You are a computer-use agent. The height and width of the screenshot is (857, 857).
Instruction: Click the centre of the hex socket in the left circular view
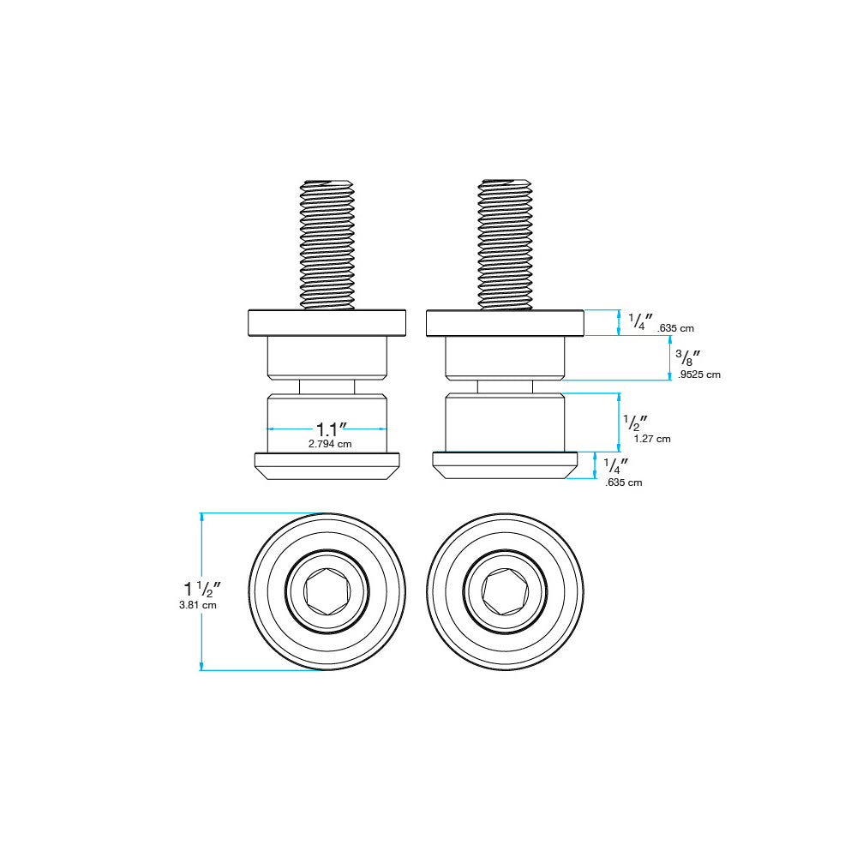(x=327, y=591)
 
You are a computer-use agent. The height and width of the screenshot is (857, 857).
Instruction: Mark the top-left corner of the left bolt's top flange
(x=249, y=310)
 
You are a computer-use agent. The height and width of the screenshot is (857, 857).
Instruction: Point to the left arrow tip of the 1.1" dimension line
(x=267, y=429)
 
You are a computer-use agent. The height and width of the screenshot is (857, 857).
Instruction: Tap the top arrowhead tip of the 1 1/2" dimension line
(x=201, y=513)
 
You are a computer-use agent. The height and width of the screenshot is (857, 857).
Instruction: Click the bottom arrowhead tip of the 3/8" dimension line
(x=670, y=380)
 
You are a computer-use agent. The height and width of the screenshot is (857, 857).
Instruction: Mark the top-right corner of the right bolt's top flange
(x=584, y=310)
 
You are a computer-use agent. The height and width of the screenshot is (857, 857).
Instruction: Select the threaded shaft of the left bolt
(x=327, y=245)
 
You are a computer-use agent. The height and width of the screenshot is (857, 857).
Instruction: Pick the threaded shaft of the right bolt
(x=505, y=245)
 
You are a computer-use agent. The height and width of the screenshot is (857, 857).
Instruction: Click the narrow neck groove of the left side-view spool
(x=327, y=387)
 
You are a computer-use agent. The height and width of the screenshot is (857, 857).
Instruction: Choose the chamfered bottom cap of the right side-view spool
(x=505, y=465)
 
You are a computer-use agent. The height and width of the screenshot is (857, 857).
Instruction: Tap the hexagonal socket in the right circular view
(x=505, y=591)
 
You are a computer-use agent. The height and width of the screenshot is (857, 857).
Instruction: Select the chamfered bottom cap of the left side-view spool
(x=327, y=466)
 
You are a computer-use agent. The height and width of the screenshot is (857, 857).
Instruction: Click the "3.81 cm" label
(x=198, y=605)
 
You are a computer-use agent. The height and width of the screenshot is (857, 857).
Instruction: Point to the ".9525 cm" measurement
(x=699, y=375)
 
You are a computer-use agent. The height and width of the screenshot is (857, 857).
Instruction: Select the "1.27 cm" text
(x=652, y=438)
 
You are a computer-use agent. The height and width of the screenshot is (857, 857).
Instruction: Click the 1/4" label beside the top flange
(x=640, y=321)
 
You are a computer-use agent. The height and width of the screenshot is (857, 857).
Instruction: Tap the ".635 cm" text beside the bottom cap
(x=624, y=482)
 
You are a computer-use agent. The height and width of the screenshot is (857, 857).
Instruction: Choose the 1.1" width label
(x=331, y=429)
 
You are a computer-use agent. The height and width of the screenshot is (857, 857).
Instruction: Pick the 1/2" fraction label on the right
(x=635, y=423)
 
